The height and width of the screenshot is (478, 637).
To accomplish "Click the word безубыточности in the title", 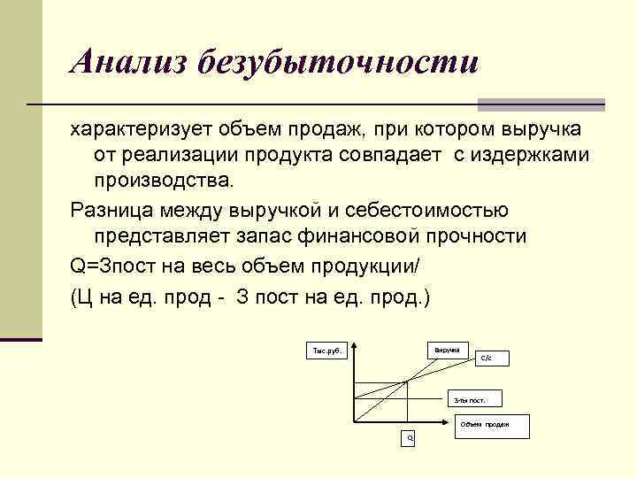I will point(337,63).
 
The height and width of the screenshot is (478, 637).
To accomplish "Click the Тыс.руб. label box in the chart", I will point(327,351).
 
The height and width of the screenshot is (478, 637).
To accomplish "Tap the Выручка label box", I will point(446,350).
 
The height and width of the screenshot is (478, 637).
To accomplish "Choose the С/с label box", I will point(491,358).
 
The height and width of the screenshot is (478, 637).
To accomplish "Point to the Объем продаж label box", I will point(484,424).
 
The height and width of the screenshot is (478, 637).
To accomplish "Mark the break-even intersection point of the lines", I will point(407,382).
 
